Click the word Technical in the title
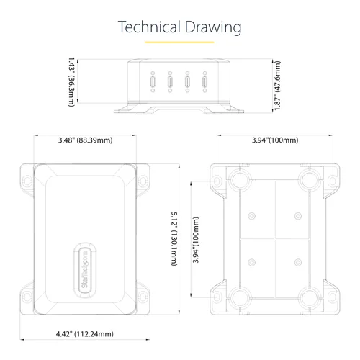coord(149,27)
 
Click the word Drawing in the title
coord(213,28)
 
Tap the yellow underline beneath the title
coord(179,42)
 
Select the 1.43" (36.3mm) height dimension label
coord(72,81)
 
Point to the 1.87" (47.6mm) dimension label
coord(277,86)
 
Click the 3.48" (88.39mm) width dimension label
coord(86,140)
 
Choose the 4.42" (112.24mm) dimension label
coord(85,333)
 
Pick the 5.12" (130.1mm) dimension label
coord(174,238)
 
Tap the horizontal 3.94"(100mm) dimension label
coord(275,140)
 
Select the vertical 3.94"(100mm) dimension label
coord(196,240)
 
